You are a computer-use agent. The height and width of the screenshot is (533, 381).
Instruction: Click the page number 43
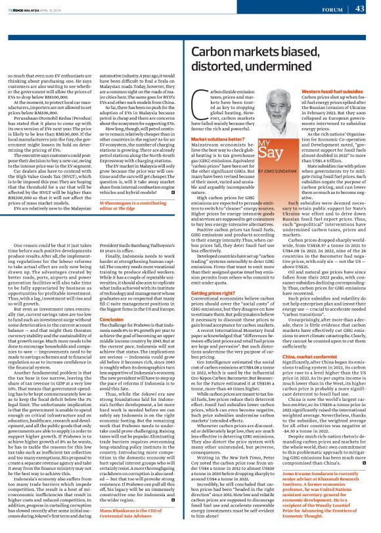click(359, 9)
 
